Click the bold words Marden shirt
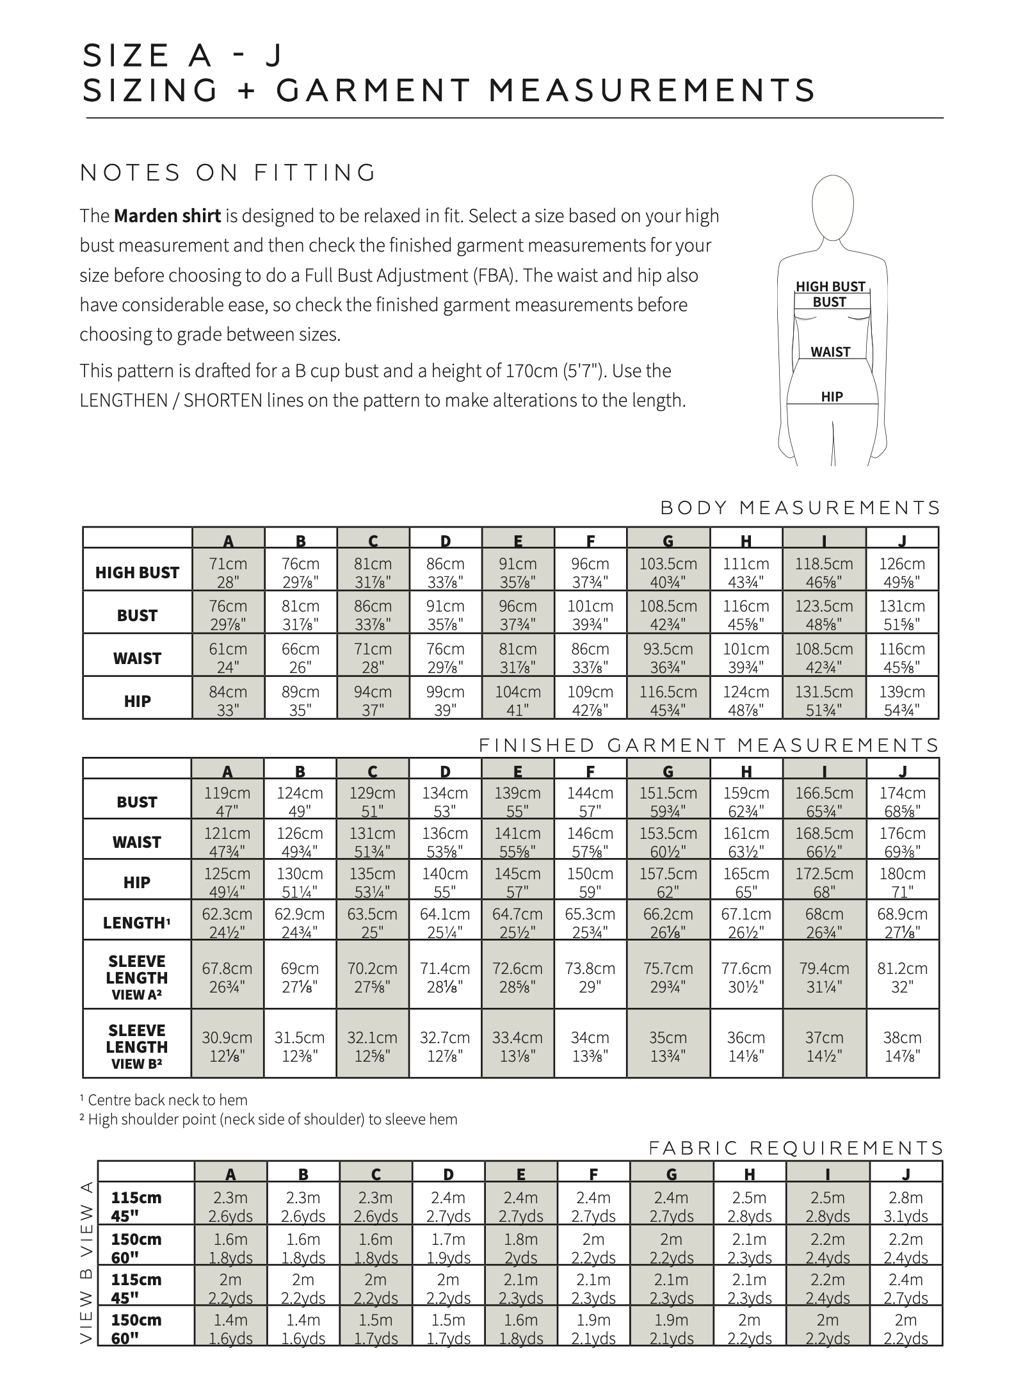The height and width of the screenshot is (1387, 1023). pos(167,216)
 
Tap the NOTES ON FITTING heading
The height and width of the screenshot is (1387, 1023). pos(228,173)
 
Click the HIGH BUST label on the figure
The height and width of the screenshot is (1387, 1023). pos(830,286)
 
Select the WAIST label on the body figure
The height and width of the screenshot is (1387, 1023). pos(830,352)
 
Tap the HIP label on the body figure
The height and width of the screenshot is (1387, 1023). pos(832,396)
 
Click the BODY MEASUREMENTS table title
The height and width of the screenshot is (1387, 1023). pos(800,508)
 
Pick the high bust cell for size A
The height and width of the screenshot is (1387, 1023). pos(228,572)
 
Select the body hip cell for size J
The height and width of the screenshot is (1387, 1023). pos(901,701)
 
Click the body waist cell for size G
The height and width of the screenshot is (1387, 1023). pos(668,658)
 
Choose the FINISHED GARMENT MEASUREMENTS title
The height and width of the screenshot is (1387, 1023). pos(709,745)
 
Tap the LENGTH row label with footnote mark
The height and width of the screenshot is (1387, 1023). pos(137,923)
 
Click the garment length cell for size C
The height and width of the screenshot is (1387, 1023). pos(373,923)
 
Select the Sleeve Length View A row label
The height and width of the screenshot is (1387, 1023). pos(137,978)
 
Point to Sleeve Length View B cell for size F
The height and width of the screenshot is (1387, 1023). pos(590,1046)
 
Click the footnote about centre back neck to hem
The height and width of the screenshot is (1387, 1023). pos(164,1099)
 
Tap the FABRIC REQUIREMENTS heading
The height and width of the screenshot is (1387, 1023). pos(796,1148)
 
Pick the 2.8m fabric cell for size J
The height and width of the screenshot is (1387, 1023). pos(905,1206)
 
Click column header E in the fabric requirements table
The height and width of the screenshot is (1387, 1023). pos(520,1174)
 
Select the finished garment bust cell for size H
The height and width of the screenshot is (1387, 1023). pos(746,802)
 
